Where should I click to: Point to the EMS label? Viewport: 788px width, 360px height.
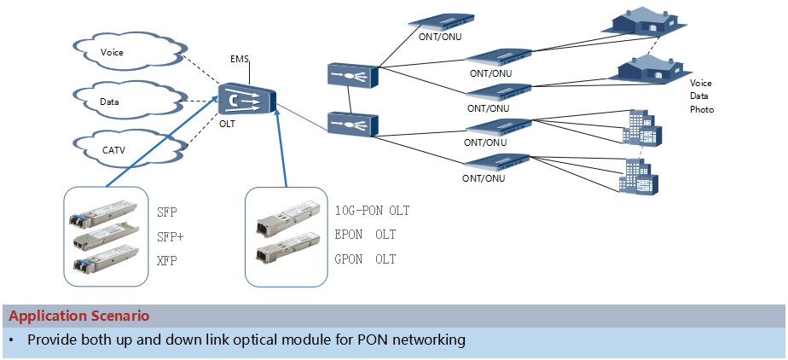(x=240, y=59)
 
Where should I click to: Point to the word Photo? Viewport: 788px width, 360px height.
(x=702, y=110)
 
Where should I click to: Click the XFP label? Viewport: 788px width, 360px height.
(x=167, y=259)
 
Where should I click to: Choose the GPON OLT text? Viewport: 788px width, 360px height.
(x=365, y=259)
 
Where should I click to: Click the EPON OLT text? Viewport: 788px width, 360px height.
(x=365, y=235)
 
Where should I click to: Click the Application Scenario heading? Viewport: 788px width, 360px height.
(x=79, y=316)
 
